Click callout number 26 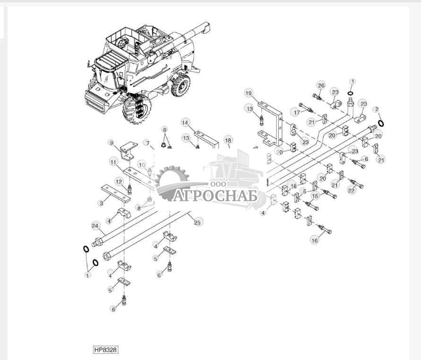pos(321,86)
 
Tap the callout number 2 pos(377,109)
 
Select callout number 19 pos(249,93)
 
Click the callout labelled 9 pos(112,143)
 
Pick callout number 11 pos(113,162)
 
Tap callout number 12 pos(120,182)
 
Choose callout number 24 pos(95,226)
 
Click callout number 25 pos(198,222)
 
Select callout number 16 pos(314,240)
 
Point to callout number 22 pos(352,190)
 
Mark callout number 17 pos(297,112)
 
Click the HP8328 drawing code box pos(106,350)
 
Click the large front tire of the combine pos(137,109)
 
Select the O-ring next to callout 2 pos(381,123)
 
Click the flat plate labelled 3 pos(116,193)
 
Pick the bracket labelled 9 pos(129,151)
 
